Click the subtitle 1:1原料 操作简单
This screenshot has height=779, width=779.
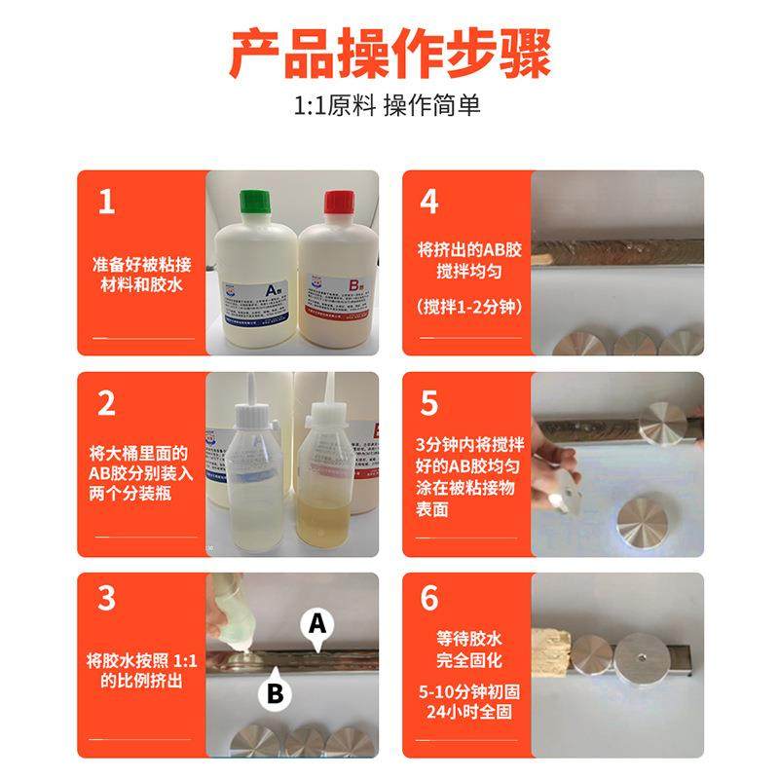pyautogui.click(x=389, y=106)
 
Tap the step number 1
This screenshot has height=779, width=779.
pyautogui.click(x=106, y=202)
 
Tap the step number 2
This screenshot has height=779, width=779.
pyautogui.click(x=106, y=403)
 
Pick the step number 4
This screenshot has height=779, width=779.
pyautogui.click(x=429, y=202)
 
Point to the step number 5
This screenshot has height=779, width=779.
pyautogui.click(x=429, y=403)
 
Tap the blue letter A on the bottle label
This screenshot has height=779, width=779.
pyautogui.click(x=273, y=287)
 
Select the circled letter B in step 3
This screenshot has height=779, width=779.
pyautogui.click(x=275, y=691)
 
